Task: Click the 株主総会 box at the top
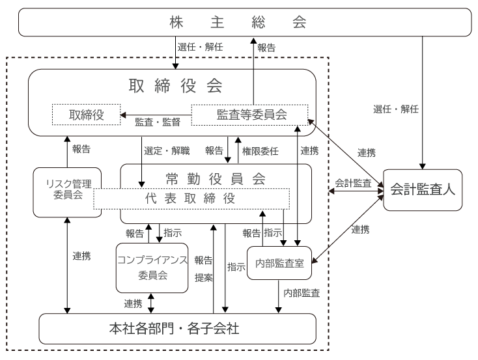(x=244, y=23)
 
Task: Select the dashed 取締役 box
(x=87, y=115)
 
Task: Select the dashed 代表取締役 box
(x=191, y=199)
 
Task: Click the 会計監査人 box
(x=423, y=190)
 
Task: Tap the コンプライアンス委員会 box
(x=152, y=268)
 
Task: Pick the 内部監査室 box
(x=279, y=264)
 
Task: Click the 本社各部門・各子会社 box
(x=177, y=329)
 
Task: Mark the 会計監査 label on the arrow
(x=353, y=184)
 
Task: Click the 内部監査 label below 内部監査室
(x=302, y=293)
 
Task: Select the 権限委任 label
(x=260, y=151)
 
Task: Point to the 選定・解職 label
(x=167, y=151)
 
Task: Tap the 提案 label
(x=204, y=277)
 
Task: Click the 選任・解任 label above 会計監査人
(x=396, y=109)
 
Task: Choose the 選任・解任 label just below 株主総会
(x=201, y=48)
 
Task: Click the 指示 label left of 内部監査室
(x=236, y=267)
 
